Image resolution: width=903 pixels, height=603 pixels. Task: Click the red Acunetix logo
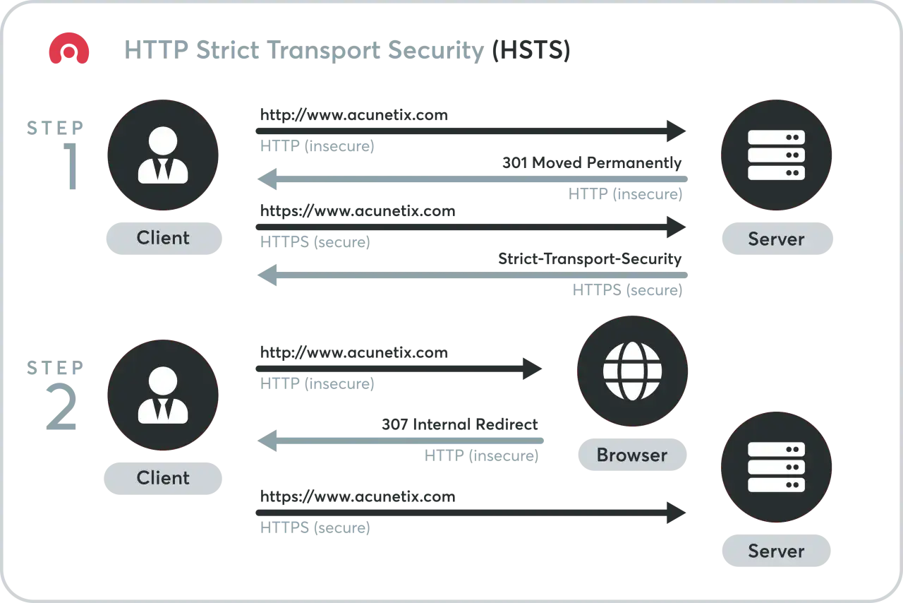pyautogui.click(x=69, y=48)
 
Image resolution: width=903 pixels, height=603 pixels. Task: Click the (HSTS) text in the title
pyautogui.click(x=531, y=49)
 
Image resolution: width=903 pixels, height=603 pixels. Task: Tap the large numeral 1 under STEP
pyautogui.click(x=71, y=166)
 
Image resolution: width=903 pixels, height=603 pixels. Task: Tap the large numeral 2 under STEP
pyautogui.click(x=61, y=407)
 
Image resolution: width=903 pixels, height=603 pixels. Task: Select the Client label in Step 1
pyautogui.click(x=163, y=238)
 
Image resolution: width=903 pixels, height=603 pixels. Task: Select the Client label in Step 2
pyautogui.click(x=163, y=478)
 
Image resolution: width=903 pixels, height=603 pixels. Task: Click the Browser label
pyautogui.click(x=632, y=455)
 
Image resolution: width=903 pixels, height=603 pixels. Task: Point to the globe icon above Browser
pyautogui.click(x=632, y=371)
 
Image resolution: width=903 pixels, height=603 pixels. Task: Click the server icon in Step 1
pyautogui.click(x=776, y=155)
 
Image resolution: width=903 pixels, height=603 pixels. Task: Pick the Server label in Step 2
pyautogui.click(x=777, y=551)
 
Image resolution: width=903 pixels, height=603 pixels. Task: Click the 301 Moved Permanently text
pyautogui.click(x=592, y=162)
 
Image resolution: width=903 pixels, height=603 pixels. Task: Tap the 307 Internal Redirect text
pyautogui.click(x=459, y=424)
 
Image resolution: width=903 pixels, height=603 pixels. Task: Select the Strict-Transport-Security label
pyautogui.click(x=590, y=258)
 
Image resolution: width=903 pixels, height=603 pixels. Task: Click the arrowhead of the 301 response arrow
pyautogui.click(x=267, y=179)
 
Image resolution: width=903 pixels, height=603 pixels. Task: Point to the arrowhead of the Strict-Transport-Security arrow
pyautogui.click(x=267, y=275)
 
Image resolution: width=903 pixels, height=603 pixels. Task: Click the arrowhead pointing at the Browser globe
pyautogui.click(x=532, y=369)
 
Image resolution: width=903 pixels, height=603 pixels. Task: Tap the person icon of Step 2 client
pyautogui.click(x=163, y=395)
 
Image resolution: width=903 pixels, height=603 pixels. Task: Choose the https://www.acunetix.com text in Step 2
pyautogui.click(x=358, y=496)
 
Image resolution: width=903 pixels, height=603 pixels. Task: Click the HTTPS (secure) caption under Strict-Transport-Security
pyautogui.click(x=627, y=289)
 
